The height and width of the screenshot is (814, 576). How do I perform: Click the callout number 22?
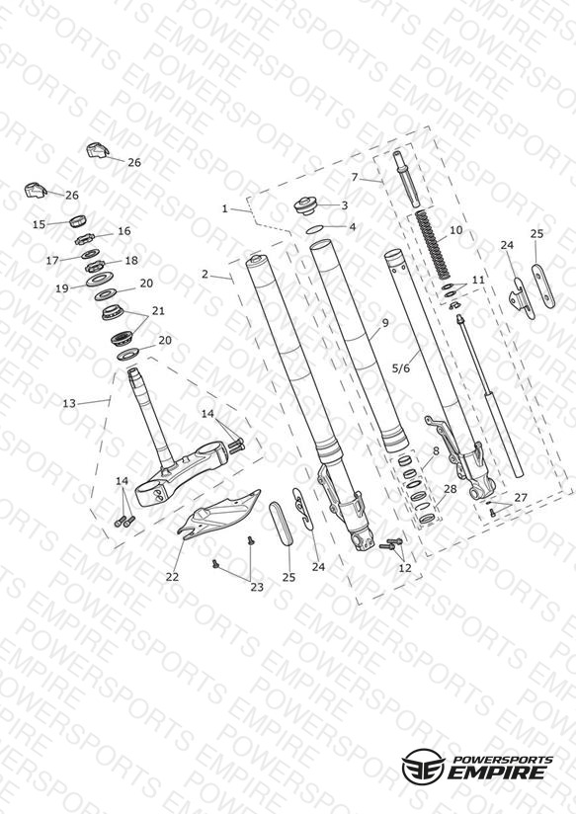pos(172,577)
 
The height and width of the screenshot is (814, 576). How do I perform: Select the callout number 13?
pos(69,403)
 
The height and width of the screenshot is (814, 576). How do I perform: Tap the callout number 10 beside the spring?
pos(455,230)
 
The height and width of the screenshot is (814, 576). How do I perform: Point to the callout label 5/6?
pos(400,368)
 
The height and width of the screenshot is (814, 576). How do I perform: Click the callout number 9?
pos(385,322)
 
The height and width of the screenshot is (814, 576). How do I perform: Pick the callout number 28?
pos(450,489)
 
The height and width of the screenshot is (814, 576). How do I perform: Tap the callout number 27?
pos(521,497)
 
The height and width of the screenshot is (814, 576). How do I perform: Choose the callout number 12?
pos(405,568)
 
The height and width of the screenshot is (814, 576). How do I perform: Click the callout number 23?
pos(257,587)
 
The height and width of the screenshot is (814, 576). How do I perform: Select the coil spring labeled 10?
pos(433,243)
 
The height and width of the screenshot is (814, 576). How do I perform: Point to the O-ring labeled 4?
pos(315,229)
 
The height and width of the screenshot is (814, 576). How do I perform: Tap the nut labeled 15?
pos(78,220)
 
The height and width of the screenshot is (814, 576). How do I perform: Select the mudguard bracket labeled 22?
pos(218,511)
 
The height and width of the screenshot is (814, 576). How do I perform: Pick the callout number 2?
pos(205,274)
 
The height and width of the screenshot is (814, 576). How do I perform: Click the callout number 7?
pos(355,178)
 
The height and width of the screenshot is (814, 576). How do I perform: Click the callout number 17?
pos(52,260)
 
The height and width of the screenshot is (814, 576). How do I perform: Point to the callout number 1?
pos(225,208)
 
